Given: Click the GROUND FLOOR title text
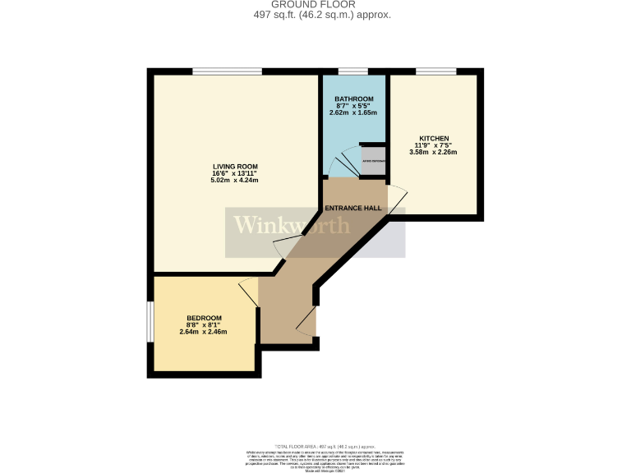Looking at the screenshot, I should click(315, 5).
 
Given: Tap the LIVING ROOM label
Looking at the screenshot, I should click(236, 166).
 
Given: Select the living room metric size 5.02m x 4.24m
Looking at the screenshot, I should click(236, 180).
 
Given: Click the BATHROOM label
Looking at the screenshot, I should click(353, 99).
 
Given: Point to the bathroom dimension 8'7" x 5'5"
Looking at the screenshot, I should click(353, 106).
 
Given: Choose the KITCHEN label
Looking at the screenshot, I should click(434, 138).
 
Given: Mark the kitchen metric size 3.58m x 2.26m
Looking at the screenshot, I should click(434, 152).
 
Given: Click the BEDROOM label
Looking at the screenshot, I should click(204, 319).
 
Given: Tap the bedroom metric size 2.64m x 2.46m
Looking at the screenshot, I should click(204, 332).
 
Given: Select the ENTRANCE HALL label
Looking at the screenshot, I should click(353, 209).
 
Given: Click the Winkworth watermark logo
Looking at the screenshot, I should click(292, 225).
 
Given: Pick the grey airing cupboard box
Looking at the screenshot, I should click(374, 161).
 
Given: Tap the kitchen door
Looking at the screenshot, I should click(395, 200).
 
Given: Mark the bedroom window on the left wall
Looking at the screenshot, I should click(150, 322).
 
